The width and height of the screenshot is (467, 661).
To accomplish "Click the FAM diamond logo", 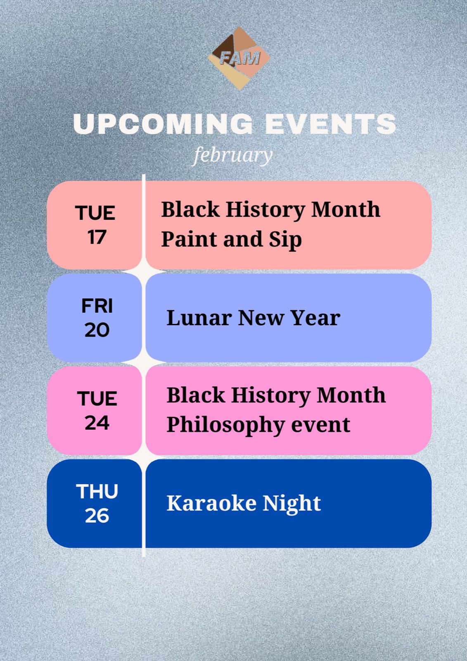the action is point(239,58).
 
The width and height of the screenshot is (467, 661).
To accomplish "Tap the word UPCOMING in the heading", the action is point(163,124).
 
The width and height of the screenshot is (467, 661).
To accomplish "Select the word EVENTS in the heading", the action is point(330,124).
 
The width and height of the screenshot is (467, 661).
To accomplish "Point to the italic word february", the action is point(233,155).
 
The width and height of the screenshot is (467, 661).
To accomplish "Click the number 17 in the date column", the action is point(97,237).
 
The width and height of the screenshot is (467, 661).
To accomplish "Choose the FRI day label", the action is point(97,306).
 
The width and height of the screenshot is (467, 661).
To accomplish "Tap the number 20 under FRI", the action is point(97,330).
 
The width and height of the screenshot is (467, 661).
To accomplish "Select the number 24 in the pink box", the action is point(97,423).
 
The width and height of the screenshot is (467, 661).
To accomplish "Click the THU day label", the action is point(97,491).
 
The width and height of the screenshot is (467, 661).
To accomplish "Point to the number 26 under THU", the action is point(97,516).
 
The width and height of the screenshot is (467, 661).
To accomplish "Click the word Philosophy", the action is point(226,426).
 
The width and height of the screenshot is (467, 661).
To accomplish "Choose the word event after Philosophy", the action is point(321,425).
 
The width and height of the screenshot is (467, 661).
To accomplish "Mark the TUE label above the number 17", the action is point(95,213).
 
